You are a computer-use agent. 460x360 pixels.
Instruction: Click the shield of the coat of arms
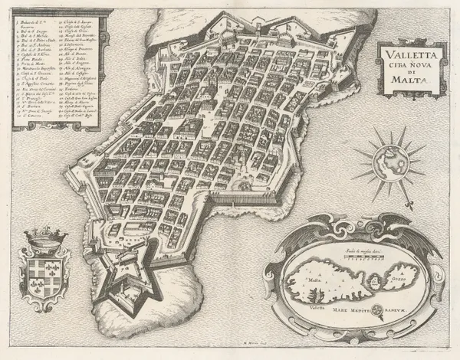pyautogui.click(x=38, y=275)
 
